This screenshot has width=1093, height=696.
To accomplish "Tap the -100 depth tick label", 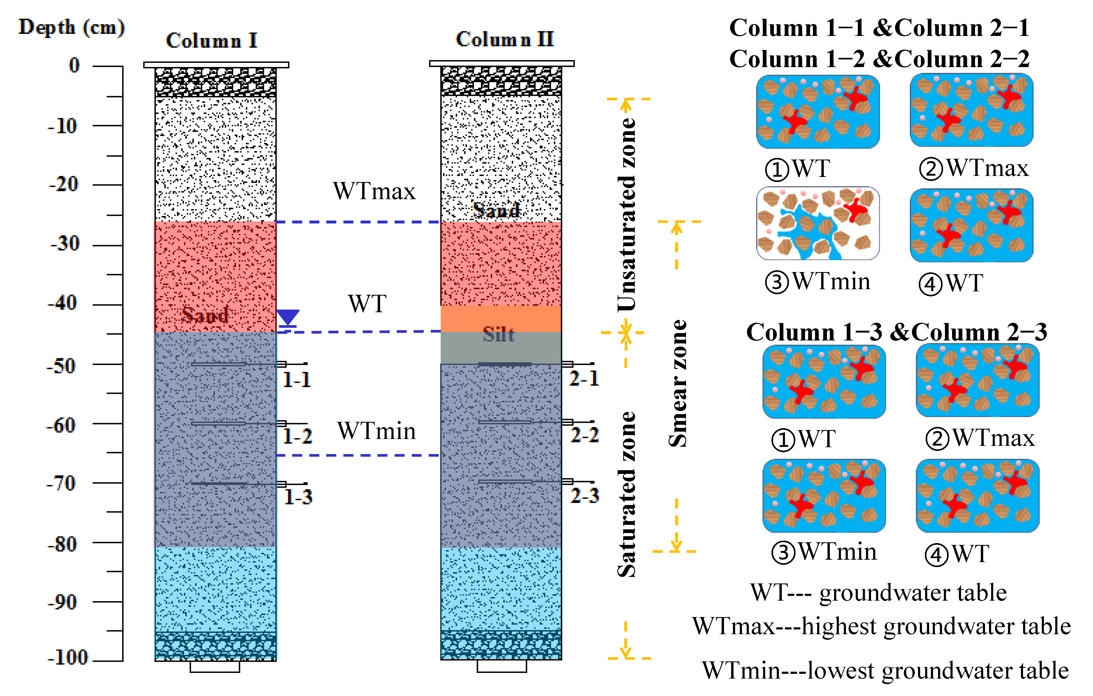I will tap(68, 657).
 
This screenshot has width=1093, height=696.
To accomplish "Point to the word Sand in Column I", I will tap(205, 314).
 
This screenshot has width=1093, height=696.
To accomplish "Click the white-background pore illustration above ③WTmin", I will tap(817, 223).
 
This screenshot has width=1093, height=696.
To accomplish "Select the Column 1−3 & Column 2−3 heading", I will tap(896, 332).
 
